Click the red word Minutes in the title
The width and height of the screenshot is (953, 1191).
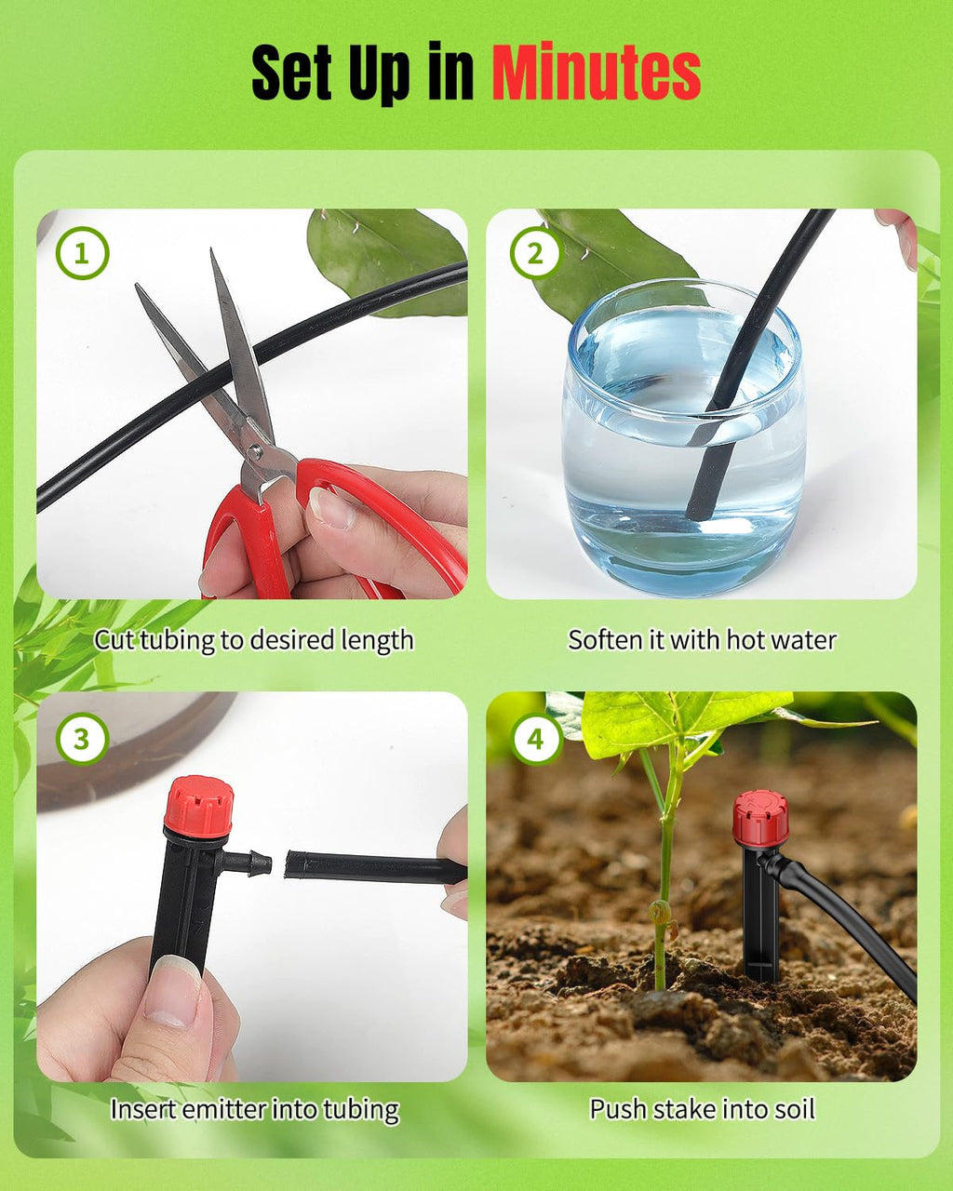596,74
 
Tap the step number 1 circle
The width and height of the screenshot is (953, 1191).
82,253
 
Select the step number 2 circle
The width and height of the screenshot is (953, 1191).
535,253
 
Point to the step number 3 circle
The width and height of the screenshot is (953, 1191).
82,739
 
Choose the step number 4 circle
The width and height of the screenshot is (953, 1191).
535,739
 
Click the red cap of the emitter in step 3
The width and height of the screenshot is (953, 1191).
198,806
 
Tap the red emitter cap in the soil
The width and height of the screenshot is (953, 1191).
759,818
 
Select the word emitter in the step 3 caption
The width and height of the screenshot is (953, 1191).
230,1109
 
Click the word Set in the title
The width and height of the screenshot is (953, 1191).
292,74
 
